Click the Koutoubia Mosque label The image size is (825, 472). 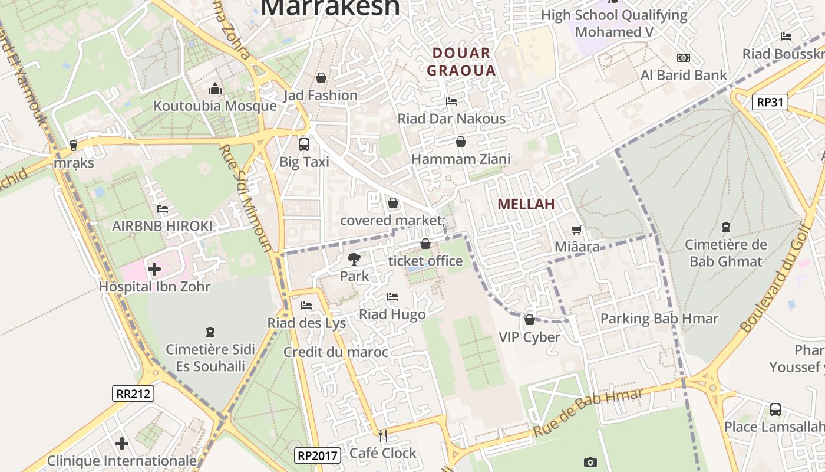pos(215,106)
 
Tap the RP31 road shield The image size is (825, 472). pos(770,102)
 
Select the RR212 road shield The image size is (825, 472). pos(133,394)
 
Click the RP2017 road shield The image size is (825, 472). pos(317,455)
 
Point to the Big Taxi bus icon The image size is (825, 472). pos(304,144)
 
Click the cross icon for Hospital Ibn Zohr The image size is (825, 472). pos(154,270)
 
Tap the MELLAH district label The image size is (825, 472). pos(526,204)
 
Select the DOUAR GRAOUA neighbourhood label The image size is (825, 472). pos(461,62)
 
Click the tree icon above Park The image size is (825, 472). pos(354,258)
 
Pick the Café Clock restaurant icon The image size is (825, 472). pos(383,436)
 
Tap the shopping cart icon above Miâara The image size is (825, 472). pos(576,230)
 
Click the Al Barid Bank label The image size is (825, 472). pos(684,75)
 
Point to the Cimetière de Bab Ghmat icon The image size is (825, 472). pos(725,227)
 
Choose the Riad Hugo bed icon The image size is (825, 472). pos(392,297)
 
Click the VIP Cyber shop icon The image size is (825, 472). pos(529,320)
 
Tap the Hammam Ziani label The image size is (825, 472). pos(461,159)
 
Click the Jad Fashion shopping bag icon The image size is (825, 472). pos(321,78)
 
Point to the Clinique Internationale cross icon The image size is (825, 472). pos(122,443)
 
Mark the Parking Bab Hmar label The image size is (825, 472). pos(659,319)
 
